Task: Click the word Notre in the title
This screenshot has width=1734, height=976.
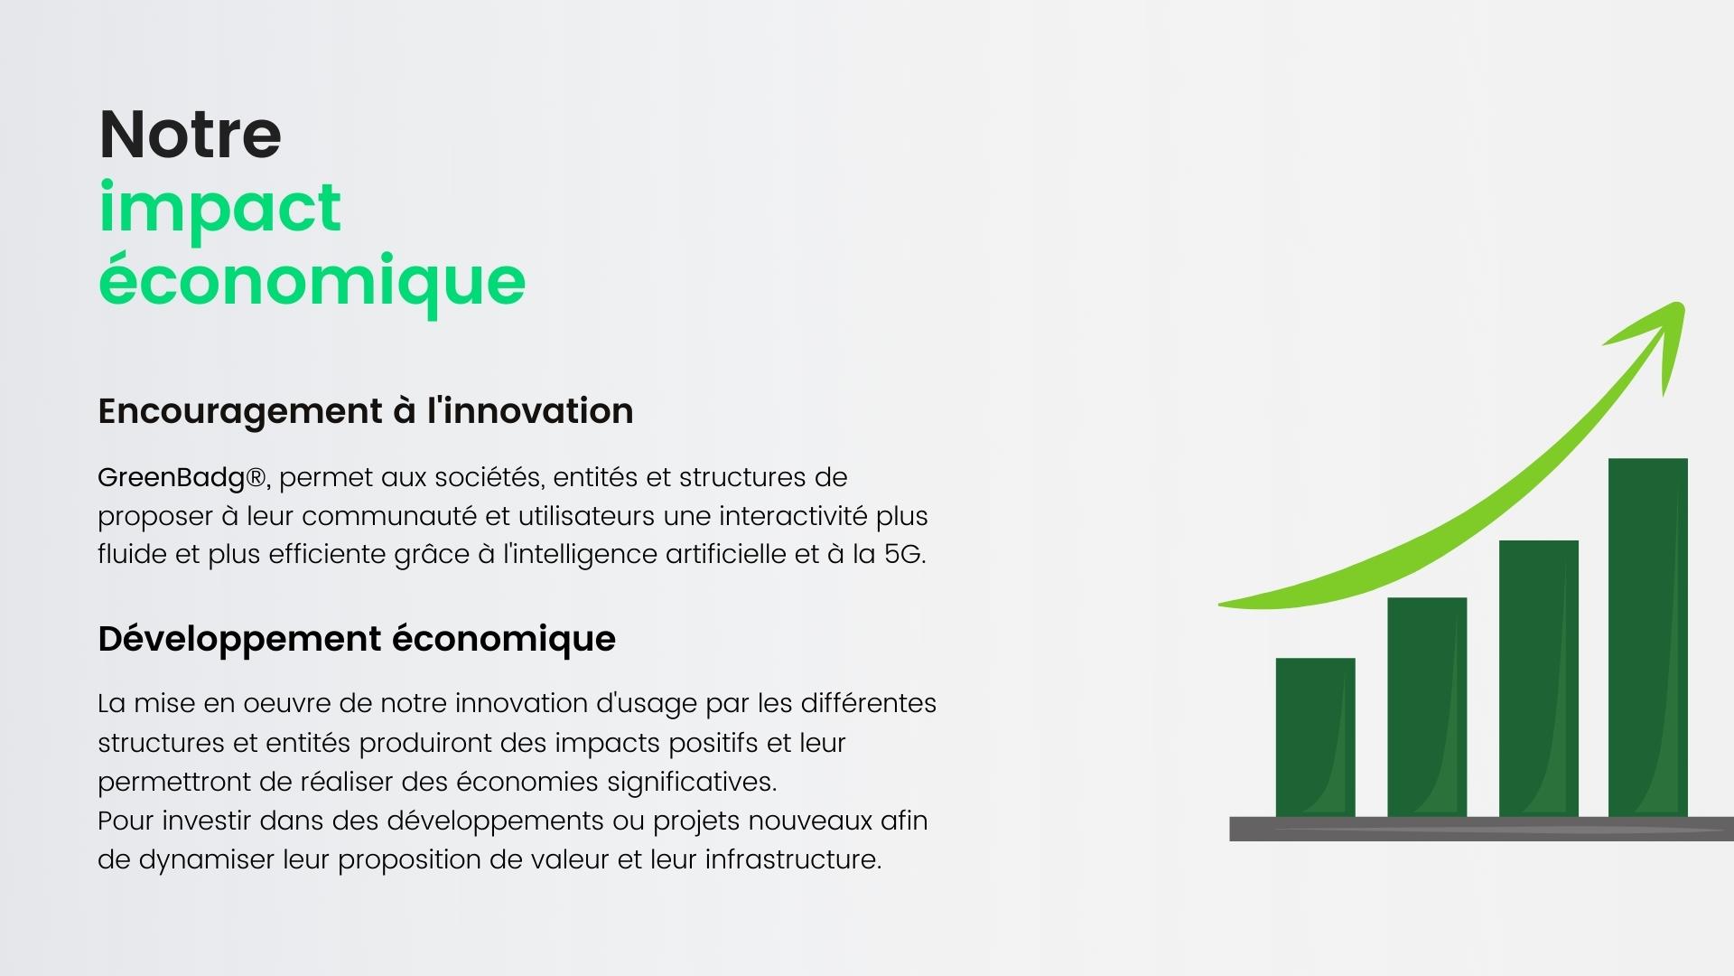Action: tap(190, 135)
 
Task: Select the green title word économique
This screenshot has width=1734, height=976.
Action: tap(312, 280)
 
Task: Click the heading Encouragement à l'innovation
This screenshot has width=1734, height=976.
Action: tap(366, 411)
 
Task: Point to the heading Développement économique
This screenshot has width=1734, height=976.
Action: tap(357, 639)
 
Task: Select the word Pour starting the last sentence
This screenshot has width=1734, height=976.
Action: tap(126, 821)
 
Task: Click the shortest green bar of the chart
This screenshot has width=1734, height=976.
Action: tap(1315, 737)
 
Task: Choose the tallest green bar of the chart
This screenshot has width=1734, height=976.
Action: tap(1647, 638)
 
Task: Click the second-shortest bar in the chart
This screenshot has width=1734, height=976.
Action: tap(1427, 708)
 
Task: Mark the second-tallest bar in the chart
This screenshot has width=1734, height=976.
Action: tap(1538, 679)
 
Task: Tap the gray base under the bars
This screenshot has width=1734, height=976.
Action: tap(1481, 830)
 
